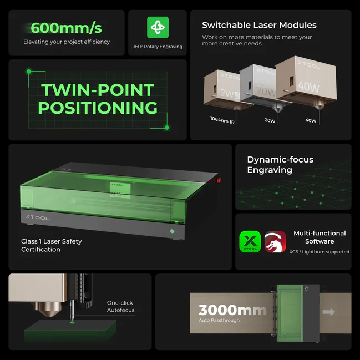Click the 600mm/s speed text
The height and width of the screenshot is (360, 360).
[x=66, y=28]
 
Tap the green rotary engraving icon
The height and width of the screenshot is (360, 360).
[x=158, y=27]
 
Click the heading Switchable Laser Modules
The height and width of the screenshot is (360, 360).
[x=259, y=25]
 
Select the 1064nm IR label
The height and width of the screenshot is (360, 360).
[x=222, y=120]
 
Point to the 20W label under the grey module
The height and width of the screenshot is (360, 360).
[x=270, y=120]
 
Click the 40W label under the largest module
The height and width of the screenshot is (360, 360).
[x=311, y=120]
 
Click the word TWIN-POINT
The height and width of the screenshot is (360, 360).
[x=98, y=90]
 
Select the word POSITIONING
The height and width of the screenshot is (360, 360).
[x=98, y=108]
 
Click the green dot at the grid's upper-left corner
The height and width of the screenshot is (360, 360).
[x=29, y=72]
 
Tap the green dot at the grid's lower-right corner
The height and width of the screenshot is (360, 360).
[x=167, y=128]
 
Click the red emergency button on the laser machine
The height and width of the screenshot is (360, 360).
[x=219, y=180]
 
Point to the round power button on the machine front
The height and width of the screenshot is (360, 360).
[x=172, y=231]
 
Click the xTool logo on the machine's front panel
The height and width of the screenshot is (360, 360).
[x=38, y=217]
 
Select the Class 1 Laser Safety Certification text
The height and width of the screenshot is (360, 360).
[x=52, y=245]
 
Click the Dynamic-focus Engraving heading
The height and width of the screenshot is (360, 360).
[x=280, y=165]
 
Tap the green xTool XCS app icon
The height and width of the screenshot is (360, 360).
[x=250, y=242]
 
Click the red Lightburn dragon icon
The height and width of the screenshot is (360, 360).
[x=275, y=242]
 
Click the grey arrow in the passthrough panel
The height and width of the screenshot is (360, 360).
[x=329, y=312]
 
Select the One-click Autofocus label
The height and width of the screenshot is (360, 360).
[x=121, y=306]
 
